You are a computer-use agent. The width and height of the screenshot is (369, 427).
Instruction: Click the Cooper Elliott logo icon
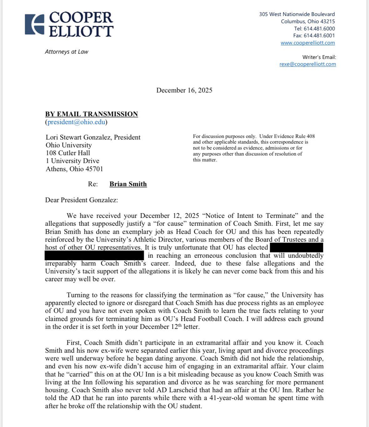34,24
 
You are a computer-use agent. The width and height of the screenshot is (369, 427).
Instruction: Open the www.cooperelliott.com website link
308,43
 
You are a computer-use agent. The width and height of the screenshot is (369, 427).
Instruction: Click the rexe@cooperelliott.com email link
308,64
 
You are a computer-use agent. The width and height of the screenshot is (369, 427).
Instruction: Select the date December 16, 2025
184,90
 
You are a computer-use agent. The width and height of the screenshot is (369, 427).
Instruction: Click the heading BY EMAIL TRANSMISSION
91,114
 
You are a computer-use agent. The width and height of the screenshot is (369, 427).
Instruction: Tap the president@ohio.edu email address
76,122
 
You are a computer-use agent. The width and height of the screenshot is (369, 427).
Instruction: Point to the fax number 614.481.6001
319,36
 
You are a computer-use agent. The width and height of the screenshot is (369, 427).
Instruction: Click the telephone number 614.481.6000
319,29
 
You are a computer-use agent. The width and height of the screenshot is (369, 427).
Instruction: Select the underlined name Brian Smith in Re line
128,184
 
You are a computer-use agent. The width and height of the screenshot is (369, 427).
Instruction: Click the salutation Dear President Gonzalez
81,200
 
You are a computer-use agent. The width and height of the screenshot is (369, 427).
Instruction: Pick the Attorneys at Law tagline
67,52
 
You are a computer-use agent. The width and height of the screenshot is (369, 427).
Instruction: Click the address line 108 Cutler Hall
68,153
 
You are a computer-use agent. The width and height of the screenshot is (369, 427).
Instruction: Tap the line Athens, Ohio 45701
74,169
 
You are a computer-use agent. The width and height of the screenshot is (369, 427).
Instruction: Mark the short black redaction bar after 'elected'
296,247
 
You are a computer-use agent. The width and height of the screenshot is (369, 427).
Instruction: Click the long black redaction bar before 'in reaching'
94,255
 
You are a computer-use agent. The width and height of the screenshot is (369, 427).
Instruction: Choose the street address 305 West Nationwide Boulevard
297,14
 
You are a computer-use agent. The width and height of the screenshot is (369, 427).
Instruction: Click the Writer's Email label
319,57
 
